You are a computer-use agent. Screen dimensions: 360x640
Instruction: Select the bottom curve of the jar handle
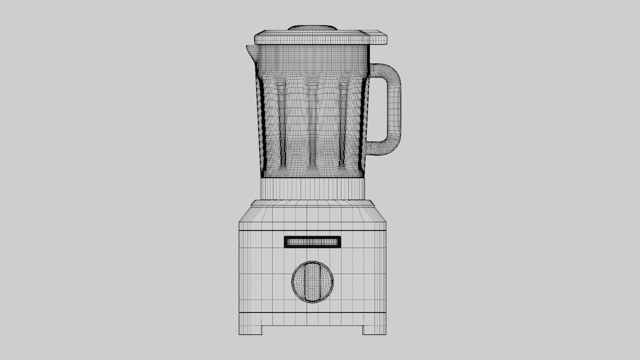point(383,148)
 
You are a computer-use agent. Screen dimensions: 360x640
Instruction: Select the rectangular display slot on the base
point(312,242)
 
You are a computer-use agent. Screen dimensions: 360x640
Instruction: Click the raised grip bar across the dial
point(312,282)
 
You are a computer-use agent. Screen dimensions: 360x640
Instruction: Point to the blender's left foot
point(250,330)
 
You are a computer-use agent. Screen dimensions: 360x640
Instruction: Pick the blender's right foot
point(375,330)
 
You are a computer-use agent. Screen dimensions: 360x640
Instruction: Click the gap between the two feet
point(312,332)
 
